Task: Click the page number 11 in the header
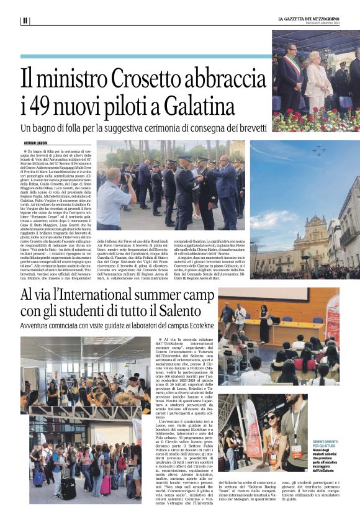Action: pyautogui.click(x=25, y=20)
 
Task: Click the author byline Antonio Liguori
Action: pyautogui.click(x=35, y=144)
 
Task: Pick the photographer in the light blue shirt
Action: pyautogui.click(x=113, y=198)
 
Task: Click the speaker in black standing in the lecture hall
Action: pyautogui.click(x=264, y=323)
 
